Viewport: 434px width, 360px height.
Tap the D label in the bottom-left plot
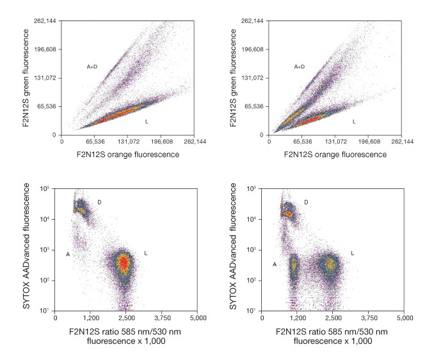(99, 202)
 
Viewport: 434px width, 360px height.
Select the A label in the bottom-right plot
(275, 264)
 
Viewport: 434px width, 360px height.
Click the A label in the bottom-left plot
(68, 254)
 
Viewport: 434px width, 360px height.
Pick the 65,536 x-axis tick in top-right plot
(302, 142)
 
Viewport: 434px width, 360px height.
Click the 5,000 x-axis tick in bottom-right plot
(404, 318)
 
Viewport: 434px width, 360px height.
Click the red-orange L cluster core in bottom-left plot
(125, 263)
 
